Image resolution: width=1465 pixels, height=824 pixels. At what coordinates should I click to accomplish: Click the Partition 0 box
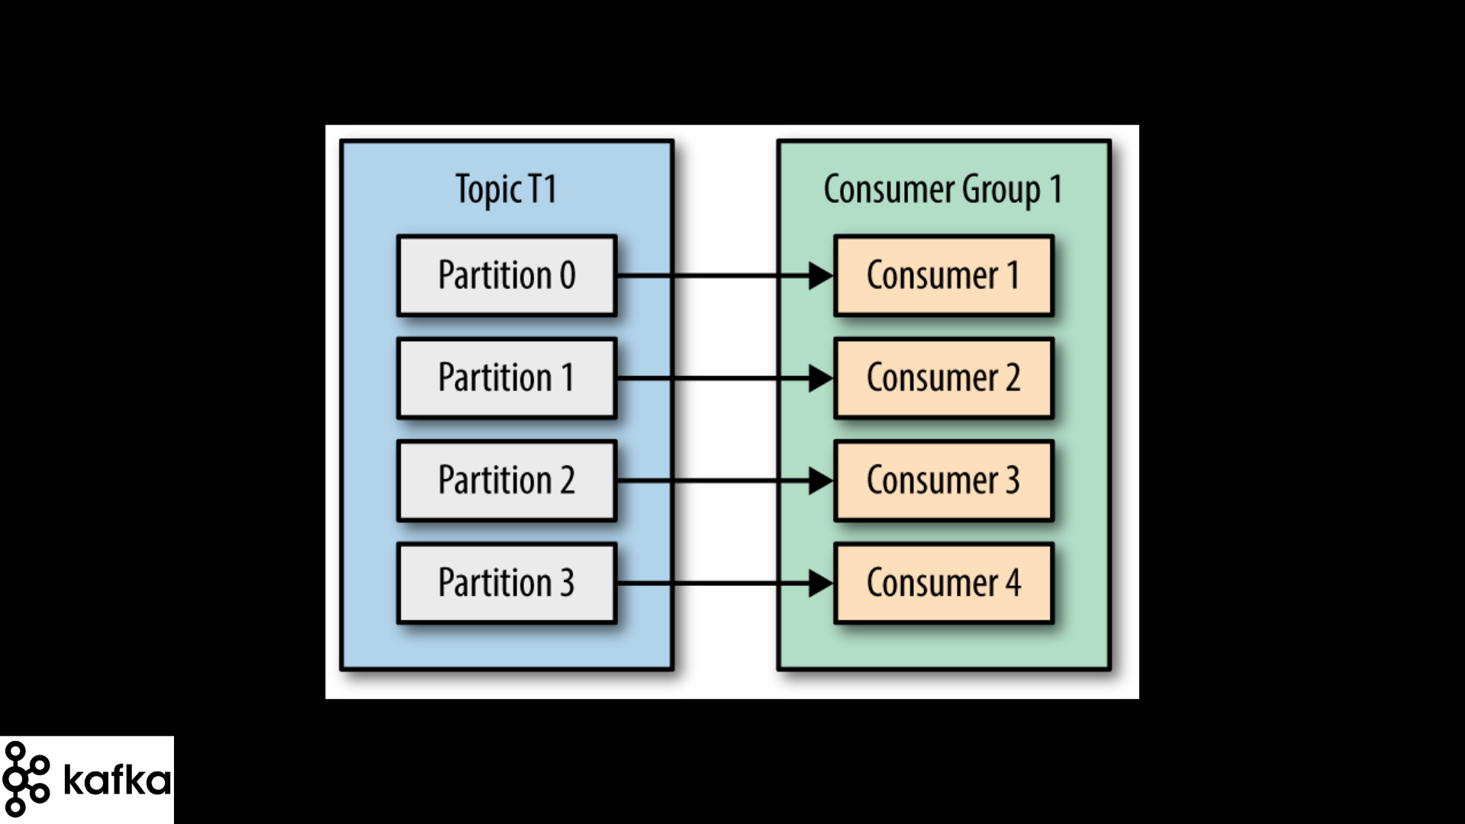pyautogui.click(x=507, y=275)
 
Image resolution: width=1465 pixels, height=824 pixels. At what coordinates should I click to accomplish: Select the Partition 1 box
pyautogui.click(x=507, y=378)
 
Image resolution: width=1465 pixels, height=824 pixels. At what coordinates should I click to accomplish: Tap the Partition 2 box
pyautogui.click(x=507, y=481)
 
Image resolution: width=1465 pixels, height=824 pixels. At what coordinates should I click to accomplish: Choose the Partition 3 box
pyautogui.click(x=507, y=583)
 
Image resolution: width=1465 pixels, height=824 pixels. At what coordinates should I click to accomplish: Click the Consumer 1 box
pyautogui.click(x=944, y=275)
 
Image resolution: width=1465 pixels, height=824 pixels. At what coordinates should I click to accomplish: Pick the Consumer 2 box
pyautogui.click(x=944, y=378)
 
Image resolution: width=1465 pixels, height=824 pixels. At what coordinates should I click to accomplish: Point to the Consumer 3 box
pyautogui.click(x=944, y=481)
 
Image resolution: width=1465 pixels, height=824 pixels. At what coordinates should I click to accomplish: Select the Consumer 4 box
pyautogui.click(x=944, y=583)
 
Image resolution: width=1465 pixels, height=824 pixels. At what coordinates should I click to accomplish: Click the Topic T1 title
pyautogui.click(x=506, y=189)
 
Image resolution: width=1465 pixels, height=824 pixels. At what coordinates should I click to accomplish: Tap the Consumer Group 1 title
pyautogui.click(x=943, y=189)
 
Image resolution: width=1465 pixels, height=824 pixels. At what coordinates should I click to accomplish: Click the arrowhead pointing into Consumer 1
pyautogui.click(x=821, y=275)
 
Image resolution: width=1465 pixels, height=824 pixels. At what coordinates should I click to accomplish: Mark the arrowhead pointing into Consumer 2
pyautogui.click(x=821, y=378)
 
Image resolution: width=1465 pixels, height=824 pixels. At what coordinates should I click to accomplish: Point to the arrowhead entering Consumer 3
pyautogui.click(x=821, y=481)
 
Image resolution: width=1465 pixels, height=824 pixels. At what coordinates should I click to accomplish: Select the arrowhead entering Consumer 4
pyautogui.click(x=821, y=584)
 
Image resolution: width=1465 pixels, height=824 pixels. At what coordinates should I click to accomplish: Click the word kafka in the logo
pyautogui.click(x=118, y=779)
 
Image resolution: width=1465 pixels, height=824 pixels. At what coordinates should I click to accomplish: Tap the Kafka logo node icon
pyautogui.click(x=26, y=779)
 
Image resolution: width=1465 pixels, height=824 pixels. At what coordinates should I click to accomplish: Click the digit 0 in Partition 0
pyautogui.click(x=568, y=275)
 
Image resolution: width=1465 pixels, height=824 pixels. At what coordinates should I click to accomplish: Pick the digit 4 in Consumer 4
pyautogui.click(x=1013, y=583)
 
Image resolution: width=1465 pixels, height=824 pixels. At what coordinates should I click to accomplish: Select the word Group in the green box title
pyautogui.click(x=1001, y=190)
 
